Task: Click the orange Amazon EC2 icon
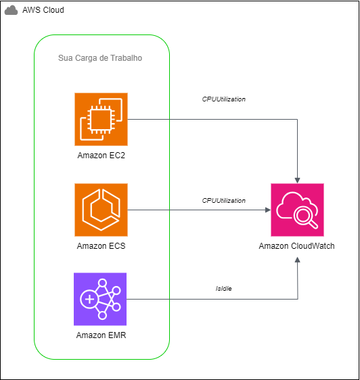click(x=101, y=119)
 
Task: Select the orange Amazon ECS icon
click(x=101, y=209)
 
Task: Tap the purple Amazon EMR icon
click(x=101, y=299)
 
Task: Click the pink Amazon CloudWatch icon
click(x=296, y=209)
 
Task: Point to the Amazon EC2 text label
click(x=101, y=156)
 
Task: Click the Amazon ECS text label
click(x=101, y=246)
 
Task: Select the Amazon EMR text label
click(x=101, y=335)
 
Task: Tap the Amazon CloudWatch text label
click(x=296, y=246)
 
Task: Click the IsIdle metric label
click(x=223, y=289)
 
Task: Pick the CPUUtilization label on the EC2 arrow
click(x=223, y=99)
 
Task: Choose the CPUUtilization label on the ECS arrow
click(x=223, y=201)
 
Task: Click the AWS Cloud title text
click(x=43, y=10)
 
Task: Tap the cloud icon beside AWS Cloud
click(x=12, y=11)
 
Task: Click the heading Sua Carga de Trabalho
click(x=100, y=59)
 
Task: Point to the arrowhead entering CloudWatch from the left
click(x=267, y=210)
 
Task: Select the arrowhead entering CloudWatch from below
click(x=297, y=240)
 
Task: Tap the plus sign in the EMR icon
click(x=89, y=299)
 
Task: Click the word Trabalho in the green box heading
click(x=127, y=59)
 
